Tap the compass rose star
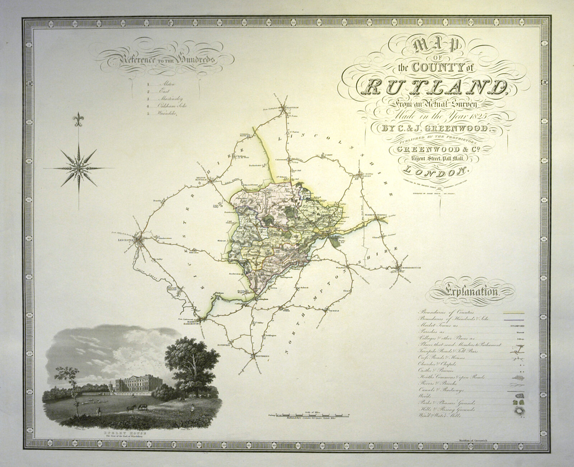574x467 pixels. (x=79, y=167)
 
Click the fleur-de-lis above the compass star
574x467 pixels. (x=78, y=119)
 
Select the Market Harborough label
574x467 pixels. (x=194, y=321)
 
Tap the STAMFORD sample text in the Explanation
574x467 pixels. (x=517, y=326)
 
